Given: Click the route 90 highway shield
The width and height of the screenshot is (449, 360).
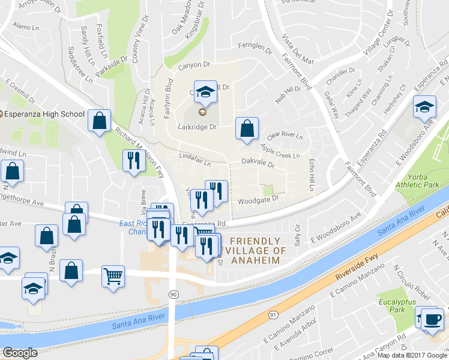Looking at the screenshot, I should [x=173, y=293].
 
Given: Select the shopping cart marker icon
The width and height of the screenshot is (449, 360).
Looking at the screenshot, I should [x=113, y=276].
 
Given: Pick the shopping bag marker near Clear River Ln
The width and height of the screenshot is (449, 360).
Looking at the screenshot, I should [x=247, y=128].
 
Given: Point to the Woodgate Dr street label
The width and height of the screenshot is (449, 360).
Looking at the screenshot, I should [x=259, y=199].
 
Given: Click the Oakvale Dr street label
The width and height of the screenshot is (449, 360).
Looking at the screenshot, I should [x=258, y=163].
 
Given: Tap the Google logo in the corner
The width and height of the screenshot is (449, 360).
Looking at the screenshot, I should [x=20, y=353].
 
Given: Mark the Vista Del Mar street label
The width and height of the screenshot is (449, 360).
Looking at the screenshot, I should [x=298, y=44].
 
